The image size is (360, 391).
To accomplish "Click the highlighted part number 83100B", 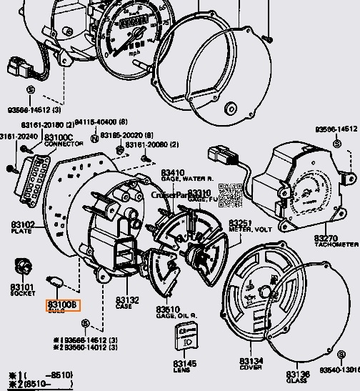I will (x=64, y=305).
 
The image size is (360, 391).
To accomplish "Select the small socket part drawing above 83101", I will (x=23, y=267).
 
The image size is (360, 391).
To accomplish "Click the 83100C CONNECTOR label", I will (x=59, y=139).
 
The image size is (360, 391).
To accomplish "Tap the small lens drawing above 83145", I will (x=187, y=335).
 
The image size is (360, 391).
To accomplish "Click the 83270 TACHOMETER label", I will (x=335, y=240).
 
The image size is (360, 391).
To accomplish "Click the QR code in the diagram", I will (x=227, y=193).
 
